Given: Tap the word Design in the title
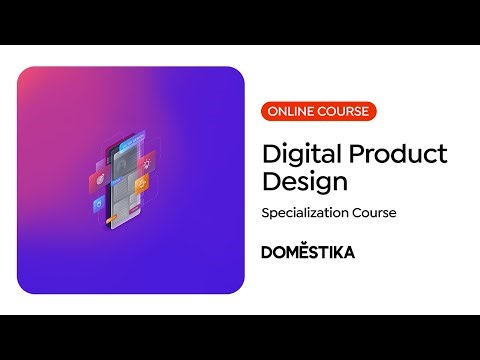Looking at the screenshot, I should (x=304, y=183).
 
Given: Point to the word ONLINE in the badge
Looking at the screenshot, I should (x=290, y=112).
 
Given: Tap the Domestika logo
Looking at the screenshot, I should (x=307, y=252).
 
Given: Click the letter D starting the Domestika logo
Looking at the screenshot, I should (x=267, y=252).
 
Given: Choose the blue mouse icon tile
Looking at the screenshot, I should (x=99, y=205).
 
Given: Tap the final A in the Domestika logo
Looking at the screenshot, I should (x=348, y=252).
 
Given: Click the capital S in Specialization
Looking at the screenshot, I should (x=265, y=213).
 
